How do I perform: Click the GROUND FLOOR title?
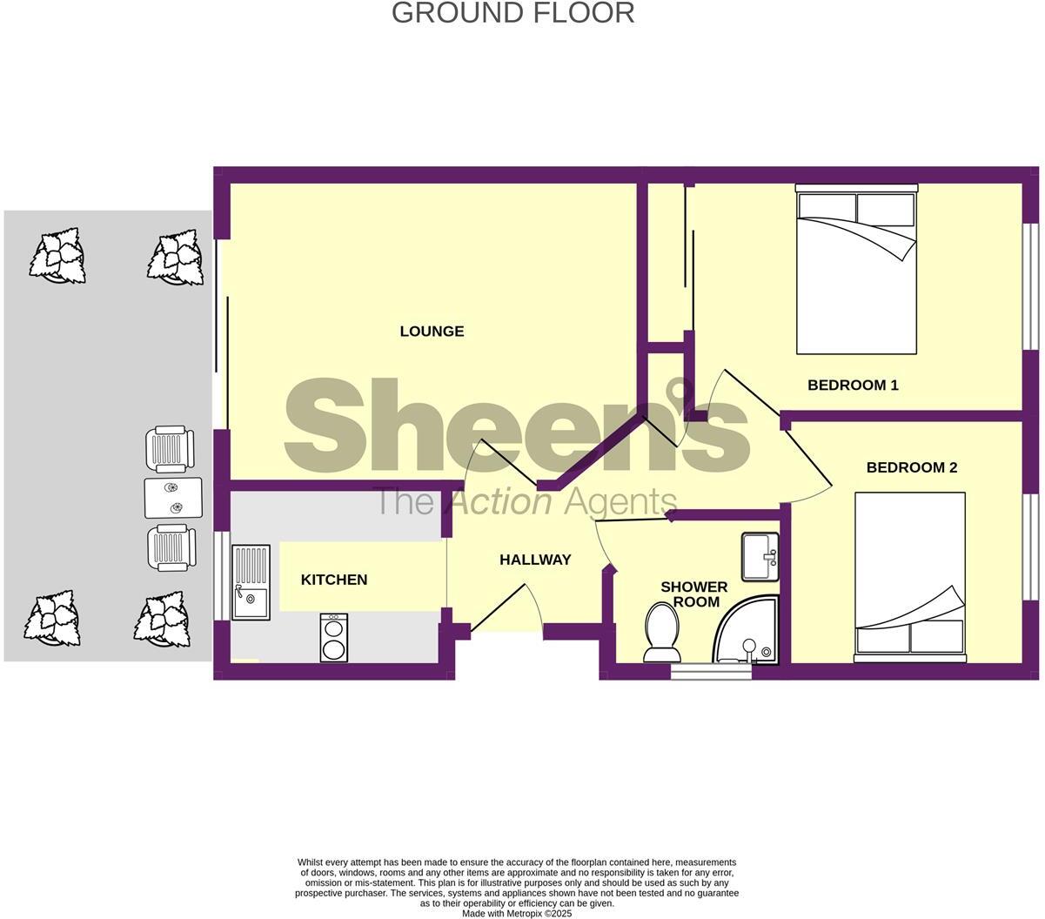tap(512, 13)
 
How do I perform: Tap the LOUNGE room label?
tap(432, 331)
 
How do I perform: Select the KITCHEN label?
tap(334, 580)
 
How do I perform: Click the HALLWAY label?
tap(535, 560)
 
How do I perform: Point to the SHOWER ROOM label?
tap(693, 594)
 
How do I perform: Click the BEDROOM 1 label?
tap(853, 385)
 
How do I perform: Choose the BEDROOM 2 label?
tap(912, 467)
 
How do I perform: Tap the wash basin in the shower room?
tap(760, 556)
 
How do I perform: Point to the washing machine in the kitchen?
tap(334, 637)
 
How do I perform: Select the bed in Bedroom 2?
tap(909, 574)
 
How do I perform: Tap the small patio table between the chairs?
tap(172, 498)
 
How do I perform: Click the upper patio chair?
tap(170, 449)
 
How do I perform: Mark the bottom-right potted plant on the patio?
tap(163, 620)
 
